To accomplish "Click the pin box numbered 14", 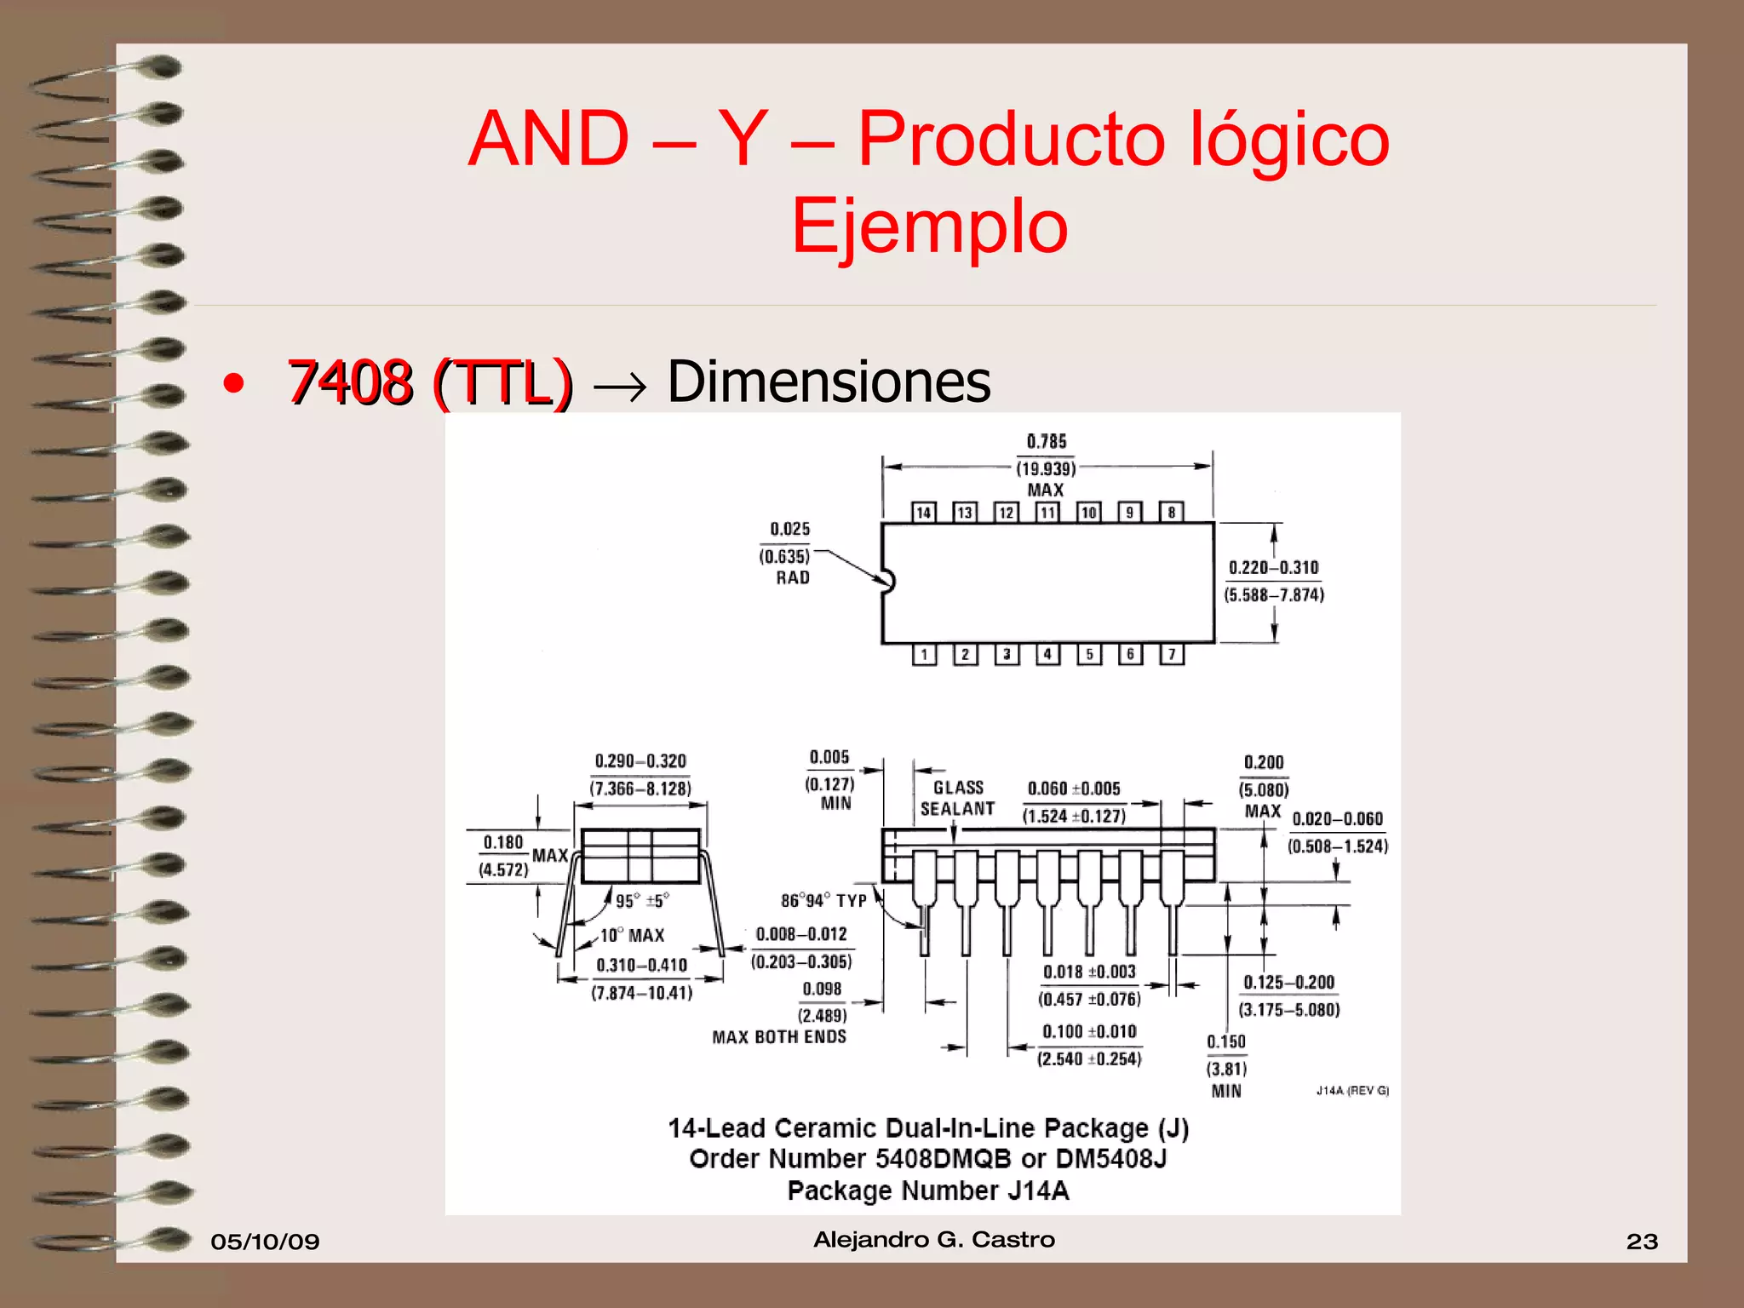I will (923, 513).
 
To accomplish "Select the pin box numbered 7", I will (1172, 654).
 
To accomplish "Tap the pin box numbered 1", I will (924, 654).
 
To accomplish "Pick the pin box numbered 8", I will (1172, 513).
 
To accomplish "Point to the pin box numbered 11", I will (1047, 513).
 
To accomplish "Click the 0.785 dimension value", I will (1046, 441).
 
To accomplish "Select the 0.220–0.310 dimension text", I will (1273, 568).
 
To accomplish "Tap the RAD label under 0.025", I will (792, 578).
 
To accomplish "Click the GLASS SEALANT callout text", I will (957, 798).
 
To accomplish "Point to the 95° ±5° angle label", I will (642, 900).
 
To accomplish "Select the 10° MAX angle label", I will (632, 935).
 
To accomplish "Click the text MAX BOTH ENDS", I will (779, 1037).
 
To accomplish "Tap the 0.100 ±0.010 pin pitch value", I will (1089, 1032).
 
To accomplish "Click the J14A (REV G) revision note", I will (1352, 1091).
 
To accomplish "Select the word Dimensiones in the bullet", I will (829, 381).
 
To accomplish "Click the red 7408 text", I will (350, 381).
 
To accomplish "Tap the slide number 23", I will (1642, 1242).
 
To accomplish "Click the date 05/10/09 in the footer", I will (265, 1242).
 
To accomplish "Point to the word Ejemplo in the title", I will (929, 227).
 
